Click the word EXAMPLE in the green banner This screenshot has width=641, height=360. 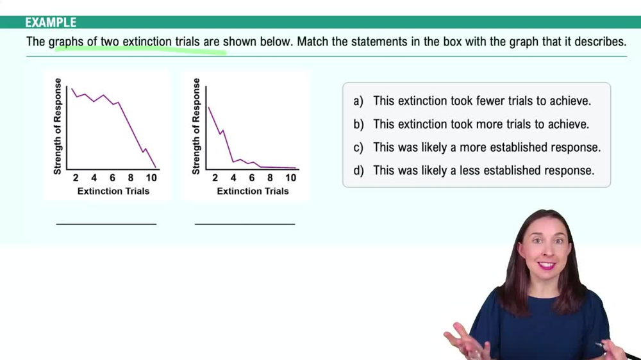click(51, 22)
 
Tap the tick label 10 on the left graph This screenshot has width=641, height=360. click(151, 178)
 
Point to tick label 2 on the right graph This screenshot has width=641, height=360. click(215, 178)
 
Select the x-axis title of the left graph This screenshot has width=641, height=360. click(113, 191)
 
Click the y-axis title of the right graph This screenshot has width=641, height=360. click(196, 126)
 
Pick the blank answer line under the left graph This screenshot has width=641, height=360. click(106, 224)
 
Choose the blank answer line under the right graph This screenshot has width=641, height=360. click(245, 224)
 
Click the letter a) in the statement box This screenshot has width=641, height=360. click(358, 101)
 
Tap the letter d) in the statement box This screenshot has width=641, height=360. click(358, 170)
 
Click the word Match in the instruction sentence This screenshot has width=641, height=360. click(312, 42)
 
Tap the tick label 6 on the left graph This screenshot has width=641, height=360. click(112, 178)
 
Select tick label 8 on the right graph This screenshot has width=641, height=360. click(270, 178)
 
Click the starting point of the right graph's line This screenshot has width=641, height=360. click(209, 107)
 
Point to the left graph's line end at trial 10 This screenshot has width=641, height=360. click(156, 167)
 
